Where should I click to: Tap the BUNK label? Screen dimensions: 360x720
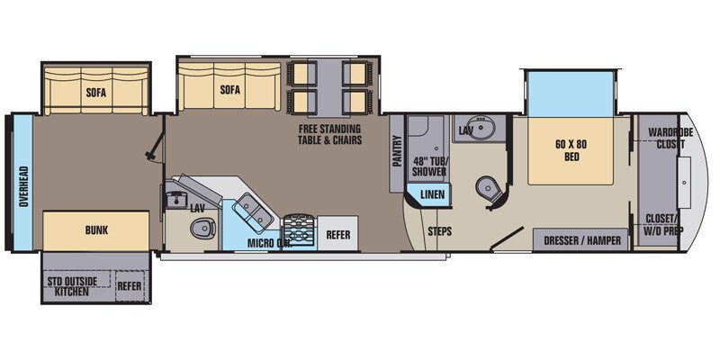point(95,230)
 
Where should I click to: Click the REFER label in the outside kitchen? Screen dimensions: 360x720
point(130,286)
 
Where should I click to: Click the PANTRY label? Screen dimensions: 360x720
point(396,152)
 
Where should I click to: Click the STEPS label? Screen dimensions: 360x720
point(439,231)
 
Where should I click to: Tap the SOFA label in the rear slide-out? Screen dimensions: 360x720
point(96,91)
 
